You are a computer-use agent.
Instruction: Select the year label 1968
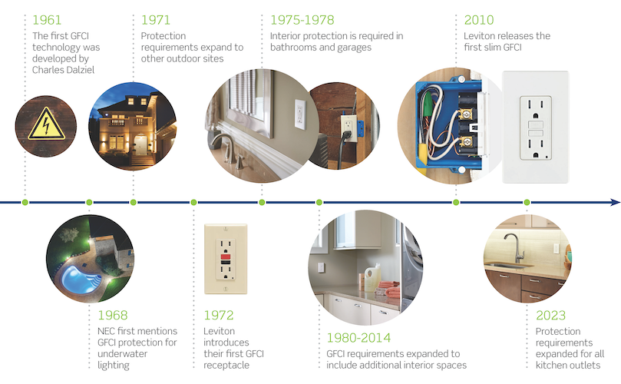112,316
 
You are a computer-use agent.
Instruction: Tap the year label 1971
155,20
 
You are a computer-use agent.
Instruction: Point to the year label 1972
219,316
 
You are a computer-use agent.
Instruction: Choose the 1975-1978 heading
302,20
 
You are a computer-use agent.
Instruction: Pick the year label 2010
479,20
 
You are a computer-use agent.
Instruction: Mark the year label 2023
551,316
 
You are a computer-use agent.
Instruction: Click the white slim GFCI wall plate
534,127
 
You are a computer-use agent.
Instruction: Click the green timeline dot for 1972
193,203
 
